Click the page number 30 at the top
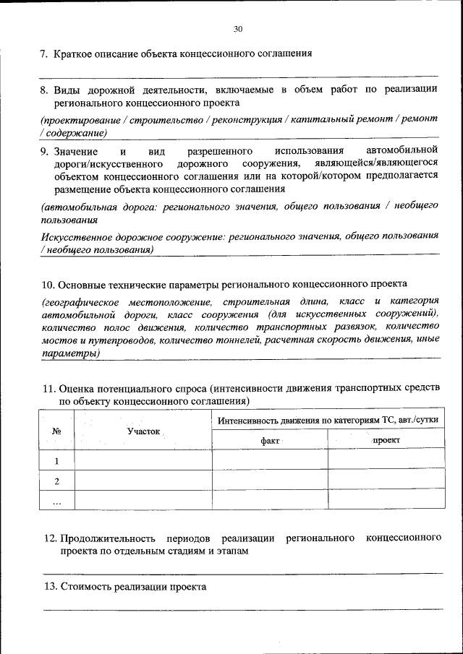(238, 29)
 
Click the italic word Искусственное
(76, 236)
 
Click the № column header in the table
(56, 431)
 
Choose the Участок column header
(143, 431)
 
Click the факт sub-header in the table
(270, 440)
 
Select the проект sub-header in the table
(386, 440)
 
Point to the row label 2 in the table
(56, 481)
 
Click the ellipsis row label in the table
(56, 500)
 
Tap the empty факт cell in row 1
(270, 460)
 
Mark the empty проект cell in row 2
(386, 481)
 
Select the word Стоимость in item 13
(86, 587)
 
